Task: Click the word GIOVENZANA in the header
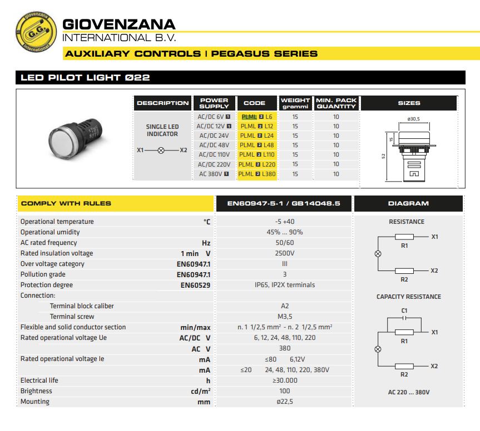119,24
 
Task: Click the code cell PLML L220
257,164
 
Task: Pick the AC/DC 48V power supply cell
214,145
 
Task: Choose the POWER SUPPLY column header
214,103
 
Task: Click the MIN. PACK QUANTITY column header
336,103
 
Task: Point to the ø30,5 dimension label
413,119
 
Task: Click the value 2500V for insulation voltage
284,253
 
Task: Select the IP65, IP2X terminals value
284,285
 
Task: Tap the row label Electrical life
39,380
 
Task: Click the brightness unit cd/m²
201,391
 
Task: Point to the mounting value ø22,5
284,402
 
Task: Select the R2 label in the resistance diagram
404,279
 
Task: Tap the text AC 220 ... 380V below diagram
408,392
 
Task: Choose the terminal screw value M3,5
284,317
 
